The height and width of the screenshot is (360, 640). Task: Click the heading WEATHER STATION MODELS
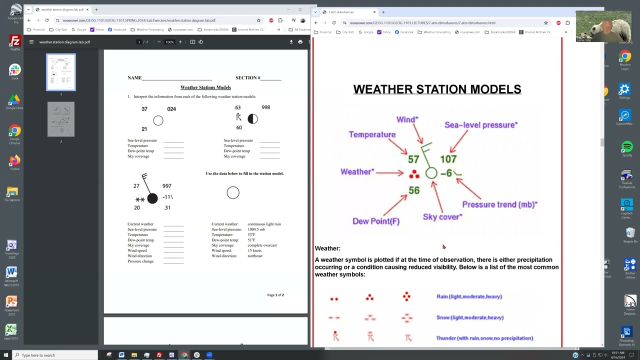pos(437,89)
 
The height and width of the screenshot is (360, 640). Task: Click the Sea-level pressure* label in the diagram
pos(480,125)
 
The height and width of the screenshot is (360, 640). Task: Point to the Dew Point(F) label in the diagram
pos(376,221)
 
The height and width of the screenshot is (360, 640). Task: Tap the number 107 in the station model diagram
pos(448,159)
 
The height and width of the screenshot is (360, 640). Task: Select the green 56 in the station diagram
pos(414,190)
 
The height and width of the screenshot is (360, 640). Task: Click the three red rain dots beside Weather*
pos(414,174)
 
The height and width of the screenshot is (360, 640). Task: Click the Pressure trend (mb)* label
pos(499,204)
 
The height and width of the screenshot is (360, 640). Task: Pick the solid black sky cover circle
pos(152,198)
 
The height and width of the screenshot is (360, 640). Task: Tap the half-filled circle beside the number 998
pos(252,119)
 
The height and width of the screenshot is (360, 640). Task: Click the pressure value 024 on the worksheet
pos(171,109)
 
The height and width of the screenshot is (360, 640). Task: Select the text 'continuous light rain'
pos(264,224)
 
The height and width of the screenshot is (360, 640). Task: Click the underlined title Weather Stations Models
pos(205,87)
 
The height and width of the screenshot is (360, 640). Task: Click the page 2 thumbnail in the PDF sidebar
pos(61,119)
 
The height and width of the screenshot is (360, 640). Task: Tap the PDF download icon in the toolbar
pos(291,42)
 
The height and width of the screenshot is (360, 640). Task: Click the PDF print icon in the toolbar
pos(300,42)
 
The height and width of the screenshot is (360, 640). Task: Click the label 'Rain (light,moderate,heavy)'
pos(469,296)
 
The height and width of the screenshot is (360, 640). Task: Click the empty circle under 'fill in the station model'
pos(233,193)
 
